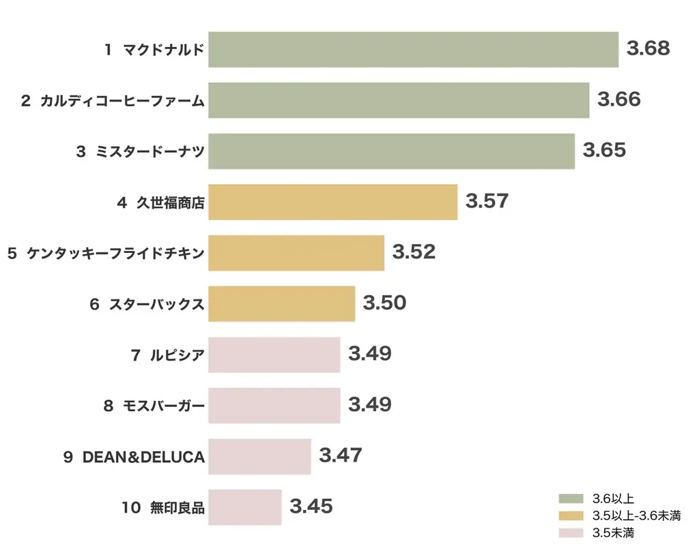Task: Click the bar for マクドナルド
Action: (413, 49)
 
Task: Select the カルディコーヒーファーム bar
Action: (399, 100)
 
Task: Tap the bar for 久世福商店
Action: (332, 202)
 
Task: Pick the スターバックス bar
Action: (281, 303)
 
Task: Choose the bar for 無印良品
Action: (244, 507)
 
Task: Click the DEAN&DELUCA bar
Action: (259, 456)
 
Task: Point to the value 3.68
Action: (648, 48)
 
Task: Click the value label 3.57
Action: (487, 201)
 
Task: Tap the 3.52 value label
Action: (414, 252)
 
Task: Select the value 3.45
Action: (311, 507)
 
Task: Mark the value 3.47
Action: (340, 455)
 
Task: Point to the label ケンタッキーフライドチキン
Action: (115, 253)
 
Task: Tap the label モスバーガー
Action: (163, 406)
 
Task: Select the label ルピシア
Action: (177, 355)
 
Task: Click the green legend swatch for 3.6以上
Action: (571, 498)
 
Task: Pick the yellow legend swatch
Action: (571, 515)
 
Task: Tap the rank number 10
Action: (132, 507)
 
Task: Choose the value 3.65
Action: (604, 150)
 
